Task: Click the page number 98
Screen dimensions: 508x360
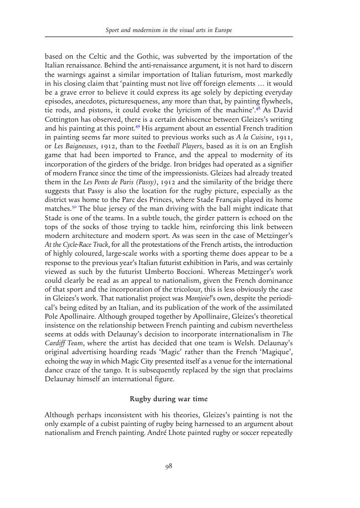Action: pyautogui.click(x=169, y=466)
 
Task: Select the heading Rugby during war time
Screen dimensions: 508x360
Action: pyautogui.click(x=168, y=398)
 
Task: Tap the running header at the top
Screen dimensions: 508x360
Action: pyautogui.click(x=168, y=29)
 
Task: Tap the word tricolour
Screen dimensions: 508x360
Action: pyautogui.click(x=203, y=289)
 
